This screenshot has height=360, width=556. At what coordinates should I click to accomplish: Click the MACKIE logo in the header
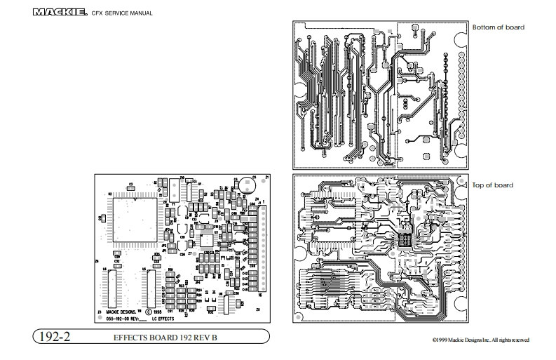pyautogui.click(x=60, y=12)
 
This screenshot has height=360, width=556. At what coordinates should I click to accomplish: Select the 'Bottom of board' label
pyautogui.click(x=498, y=27)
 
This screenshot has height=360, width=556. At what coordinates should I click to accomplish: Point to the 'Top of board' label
pyautogui.click(x=493, y=185)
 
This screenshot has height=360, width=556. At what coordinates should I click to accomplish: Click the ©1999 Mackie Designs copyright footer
pyautogui.click(x=491, y=340)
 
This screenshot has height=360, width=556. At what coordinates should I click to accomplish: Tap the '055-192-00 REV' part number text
pyautogui.click(x=123, y=318)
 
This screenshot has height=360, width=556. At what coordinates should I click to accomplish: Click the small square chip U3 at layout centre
pyautogui.click(x=208, y=241)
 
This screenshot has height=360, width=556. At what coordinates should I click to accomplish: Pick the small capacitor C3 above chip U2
pyautogui.click(x=131, y=186)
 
